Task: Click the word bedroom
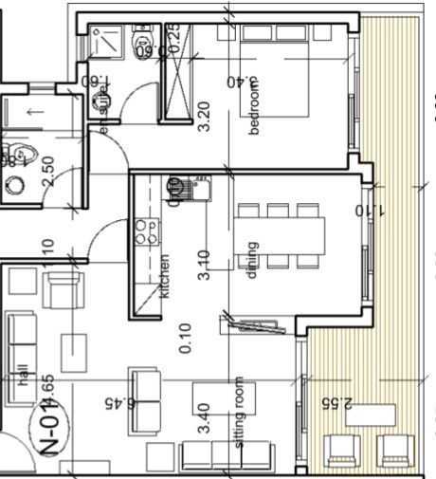(x=253, y=109)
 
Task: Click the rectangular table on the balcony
(x=372, y=415)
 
